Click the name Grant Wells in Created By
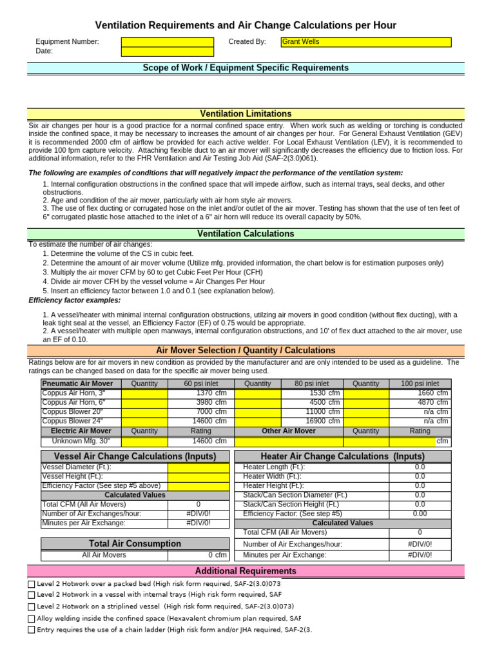point(300,42)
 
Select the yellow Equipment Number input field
point(168,42)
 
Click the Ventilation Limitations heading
point(246,113)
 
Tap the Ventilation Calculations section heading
point(246,233)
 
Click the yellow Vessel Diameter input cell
point(199,467)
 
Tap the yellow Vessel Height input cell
point(199,476)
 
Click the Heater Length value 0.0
point(420,467)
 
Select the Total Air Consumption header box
point(135,543)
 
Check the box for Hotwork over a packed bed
point(32,584)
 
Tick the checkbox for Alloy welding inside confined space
point(32,619)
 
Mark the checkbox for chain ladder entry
point(32,630)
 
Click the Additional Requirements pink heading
point(246,571)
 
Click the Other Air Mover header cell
point(289,431)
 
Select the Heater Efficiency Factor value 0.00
point(420,514)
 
